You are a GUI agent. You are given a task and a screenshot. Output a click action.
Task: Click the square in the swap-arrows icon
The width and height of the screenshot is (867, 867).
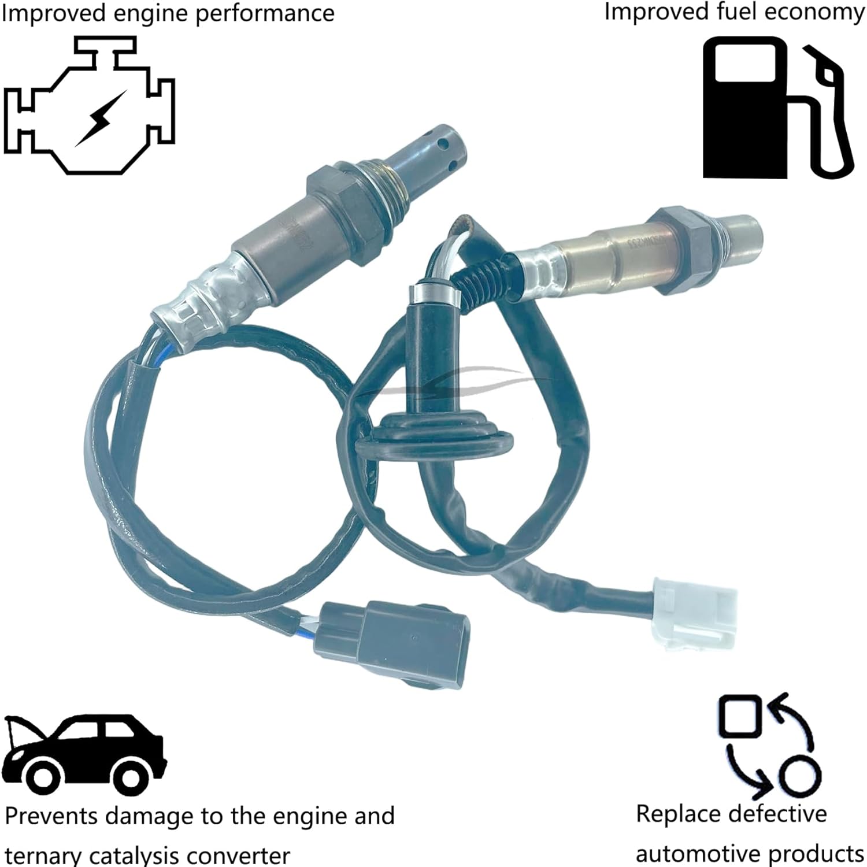tap(738, 716)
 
